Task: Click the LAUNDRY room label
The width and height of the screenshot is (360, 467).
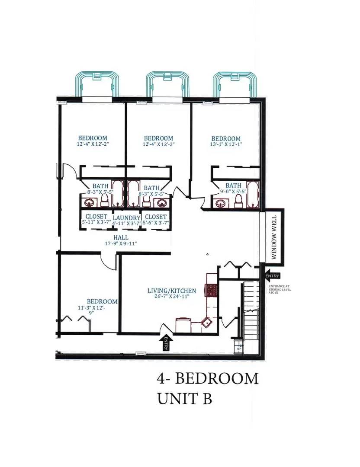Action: tap(127, 218)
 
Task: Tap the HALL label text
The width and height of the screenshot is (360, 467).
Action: tap(121, 238)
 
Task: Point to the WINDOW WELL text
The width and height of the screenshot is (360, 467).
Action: tap(273, 236)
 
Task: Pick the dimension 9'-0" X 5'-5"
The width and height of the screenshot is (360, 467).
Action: tap(233, 191)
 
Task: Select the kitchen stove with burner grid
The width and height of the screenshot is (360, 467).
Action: tap(211, 289)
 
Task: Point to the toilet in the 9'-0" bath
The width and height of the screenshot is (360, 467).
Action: tap(238, 201)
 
